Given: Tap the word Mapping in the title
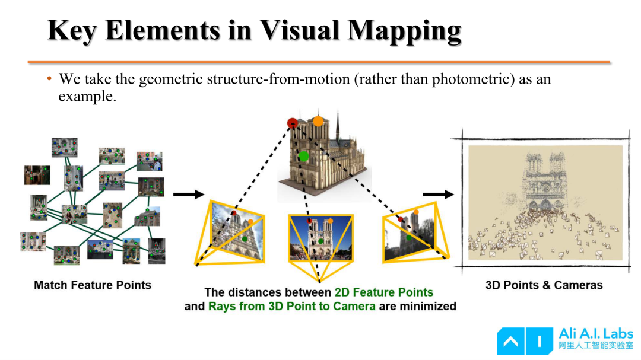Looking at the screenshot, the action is click(405, 32).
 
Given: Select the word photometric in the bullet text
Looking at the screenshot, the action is click(473, 79).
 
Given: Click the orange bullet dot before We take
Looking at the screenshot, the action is click(49, 78).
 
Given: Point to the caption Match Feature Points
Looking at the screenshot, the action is click(93, 285).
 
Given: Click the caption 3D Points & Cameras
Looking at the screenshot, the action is click(544, 285).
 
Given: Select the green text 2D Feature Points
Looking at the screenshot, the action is click(384, 292).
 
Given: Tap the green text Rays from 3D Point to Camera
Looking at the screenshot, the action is click(292, 307).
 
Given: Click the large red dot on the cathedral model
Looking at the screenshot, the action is click(292, 123).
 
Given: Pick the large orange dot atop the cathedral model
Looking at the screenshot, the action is click(318, 121).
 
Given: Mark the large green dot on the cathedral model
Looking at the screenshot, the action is click(303, 156).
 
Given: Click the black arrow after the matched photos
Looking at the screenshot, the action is click(189, 194).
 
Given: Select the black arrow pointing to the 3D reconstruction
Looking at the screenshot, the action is click(438, 195).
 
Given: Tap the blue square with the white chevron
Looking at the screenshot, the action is click(510, 341).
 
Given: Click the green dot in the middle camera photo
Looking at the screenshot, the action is click(321, 241).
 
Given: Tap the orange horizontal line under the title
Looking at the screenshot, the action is click(319, 62).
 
